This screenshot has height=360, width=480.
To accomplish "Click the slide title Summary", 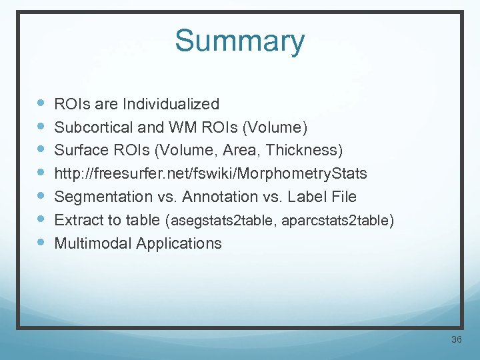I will [x=239, y=41].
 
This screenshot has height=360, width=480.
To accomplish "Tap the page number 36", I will [x=457, y=340].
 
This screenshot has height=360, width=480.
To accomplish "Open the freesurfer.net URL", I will [x=210, y=173].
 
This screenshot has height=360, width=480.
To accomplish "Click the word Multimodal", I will [x=93, y=243].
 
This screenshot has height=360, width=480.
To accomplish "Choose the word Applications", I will [x=179, y=243].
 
